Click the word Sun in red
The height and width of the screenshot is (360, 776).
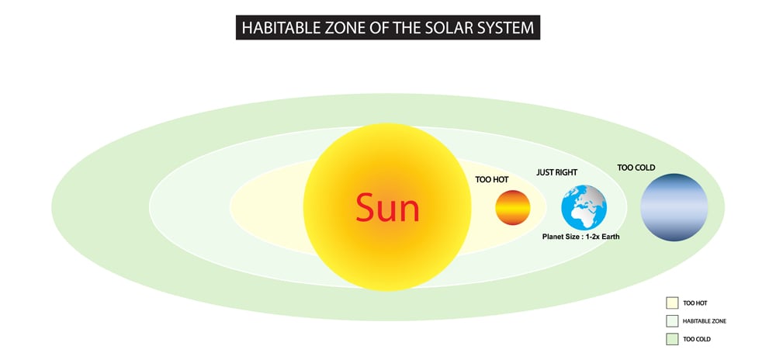click(387, 208)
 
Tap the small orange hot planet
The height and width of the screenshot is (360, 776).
click(513, 208)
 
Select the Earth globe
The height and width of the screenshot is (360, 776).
click(584, 208)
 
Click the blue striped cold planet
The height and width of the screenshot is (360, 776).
click(674, 207)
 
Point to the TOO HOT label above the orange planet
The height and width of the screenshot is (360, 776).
click(492, 179)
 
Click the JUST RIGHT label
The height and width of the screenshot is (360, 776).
click(557, 171)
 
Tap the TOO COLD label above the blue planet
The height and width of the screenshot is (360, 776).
click(636, 167)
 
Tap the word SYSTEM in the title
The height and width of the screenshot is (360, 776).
click(504, 29)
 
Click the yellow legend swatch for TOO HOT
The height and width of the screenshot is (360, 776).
click(672, 303)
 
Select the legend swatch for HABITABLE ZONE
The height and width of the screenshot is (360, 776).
click(672, 320)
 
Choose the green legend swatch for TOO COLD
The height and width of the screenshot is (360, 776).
click(672, 339)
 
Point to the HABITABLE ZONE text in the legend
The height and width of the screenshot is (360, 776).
click(705, 320)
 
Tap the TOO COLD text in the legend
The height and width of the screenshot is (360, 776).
click(696, 339)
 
